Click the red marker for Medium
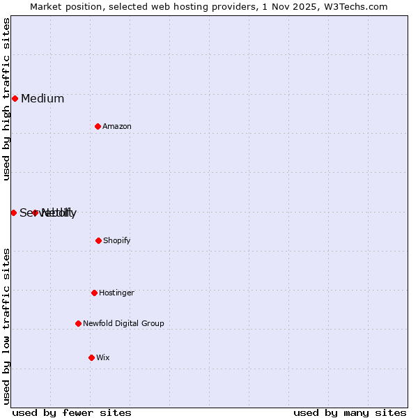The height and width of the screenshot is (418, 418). click(x=15, y=98)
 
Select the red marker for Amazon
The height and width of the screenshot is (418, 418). click(x=98, y=126)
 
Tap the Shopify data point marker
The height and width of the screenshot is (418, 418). click(x=98, y=240)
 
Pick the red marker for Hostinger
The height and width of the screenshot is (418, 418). click(x=94, y=293)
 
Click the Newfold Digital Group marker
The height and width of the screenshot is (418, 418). click(x=78, y=323)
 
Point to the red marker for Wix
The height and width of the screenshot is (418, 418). click(x=91, y=357)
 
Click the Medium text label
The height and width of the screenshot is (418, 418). click(x=42, y=98)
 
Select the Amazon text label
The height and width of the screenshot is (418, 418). click(x=117, y=126)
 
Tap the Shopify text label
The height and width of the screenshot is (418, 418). click(x=117, y=240)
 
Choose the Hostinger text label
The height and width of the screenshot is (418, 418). click(x=116, y=293)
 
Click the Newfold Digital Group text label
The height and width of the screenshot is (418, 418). click(x=123, y=323)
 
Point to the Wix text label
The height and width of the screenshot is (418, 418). click(x=103, y=357)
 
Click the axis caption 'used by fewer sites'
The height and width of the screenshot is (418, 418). click(x=72, y=412)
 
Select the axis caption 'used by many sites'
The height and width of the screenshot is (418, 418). click(x=350, y=412)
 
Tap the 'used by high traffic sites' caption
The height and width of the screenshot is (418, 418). click(x=6, y=99)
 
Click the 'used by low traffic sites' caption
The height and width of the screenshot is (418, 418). click(x=6, y=326)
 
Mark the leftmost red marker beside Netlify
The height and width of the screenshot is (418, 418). click(x=13, y=212)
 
